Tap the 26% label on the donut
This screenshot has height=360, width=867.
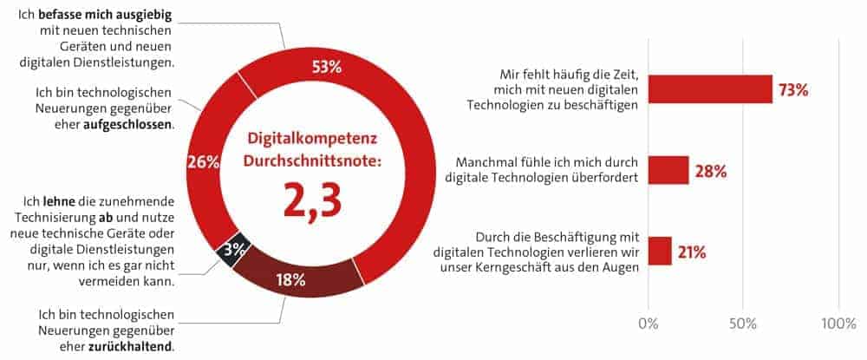tap(201, 161)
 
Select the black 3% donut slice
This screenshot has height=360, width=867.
tap(233, 248)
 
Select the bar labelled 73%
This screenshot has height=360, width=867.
tap(710, 88)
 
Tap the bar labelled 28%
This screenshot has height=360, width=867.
tap(668, 170)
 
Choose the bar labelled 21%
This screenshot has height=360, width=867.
tap(659, 251)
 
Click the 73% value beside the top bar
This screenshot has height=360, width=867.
tap(793, 90)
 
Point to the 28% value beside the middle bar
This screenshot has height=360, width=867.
tap(709, 171)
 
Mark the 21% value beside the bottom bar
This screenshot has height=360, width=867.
tap(692, 252)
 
